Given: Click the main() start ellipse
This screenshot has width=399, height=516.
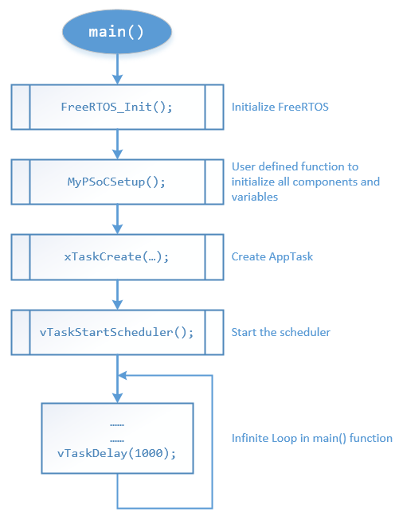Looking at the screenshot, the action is (117, 32).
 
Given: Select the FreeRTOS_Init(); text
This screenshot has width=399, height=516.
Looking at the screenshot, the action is (116, 107).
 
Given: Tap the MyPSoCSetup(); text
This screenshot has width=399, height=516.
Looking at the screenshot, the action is (116, 182).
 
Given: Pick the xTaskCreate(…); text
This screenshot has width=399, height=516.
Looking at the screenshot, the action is (116, 256).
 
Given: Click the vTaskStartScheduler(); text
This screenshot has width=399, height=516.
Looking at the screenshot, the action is (116, 332).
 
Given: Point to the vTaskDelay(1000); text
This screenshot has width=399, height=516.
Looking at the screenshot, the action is (116, 453).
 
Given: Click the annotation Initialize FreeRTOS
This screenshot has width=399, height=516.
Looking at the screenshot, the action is (280, 107).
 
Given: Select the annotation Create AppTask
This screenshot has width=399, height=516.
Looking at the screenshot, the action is (272, 256).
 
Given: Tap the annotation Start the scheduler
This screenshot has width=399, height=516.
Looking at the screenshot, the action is (280, 332).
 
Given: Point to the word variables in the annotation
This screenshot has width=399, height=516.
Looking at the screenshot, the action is (255, 197).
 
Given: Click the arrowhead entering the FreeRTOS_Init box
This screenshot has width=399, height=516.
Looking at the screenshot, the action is (117, 80).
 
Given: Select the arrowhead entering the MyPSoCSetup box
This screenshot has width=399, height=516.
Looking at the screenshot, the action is (117, 154).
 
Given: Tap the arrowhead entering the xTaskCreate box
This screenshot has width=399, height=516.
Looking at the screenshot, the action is (117, 229).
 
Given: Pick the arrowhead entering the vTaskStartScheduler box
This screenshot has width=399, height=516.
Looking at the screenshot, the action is (117, 305).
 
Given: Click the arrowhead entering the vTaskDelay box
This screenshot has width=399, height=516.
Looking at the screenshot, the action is (117, 398).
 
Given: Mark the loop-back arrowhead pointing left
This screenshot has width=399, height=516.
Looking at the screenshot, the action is (122, 375).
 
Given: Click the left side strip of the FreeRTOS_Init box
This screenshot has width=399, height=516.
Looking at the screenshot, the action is (21, 107).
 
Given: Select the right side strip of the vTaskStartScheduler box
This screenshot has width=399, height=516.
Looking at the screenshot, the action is (214, 332).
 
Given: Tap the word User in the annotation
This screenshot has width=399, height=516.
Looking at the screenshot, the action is (243, 166).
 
